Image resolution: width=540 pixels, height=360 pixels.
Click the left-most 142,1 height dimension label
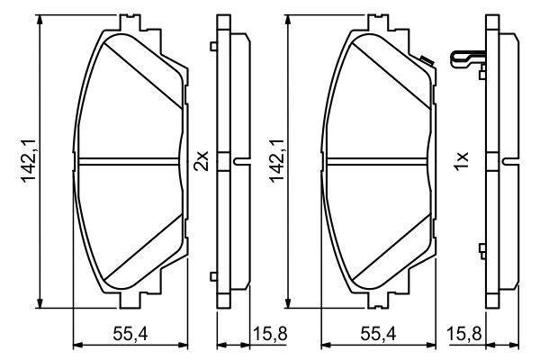point(29,161)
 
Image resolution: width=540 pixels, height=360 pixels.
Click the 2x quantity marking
point(202,161)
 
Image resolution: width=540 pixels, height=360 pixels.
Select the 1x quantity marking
point(460,161)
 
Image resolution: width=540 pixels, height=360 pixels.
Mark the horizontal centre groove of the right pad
point(379,161)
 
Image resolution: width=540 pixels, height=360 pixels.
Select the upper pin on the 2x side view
point(212,47)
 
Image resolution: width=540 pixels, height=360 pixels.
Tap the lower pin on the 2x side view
point(212,276)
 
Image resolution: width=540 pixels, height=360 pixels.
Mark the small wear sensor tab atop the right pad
point(425,60)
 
